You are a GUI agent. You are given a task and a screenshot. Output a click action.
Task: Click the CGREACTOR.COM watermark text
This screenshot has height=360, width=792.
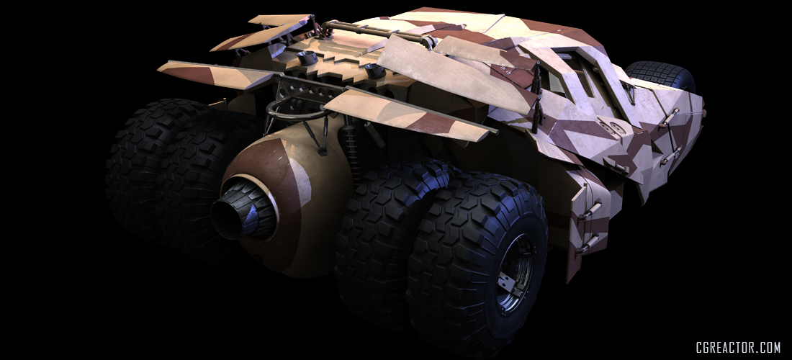738,348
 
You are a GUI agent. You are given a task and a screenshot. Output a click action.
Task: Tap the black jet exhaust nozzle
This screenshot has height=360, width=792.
243,210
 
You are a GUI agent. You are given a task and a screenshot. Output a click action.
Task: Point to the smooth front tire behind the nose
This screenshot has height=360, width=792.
661,76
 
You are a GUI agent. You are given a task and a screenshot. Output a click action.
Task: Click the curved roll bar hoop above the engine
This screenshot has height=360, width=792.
292,110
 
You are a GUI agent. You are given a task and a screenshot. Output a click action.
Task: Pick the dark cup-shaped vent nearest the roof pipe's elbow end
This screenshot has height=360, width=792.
307,58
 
